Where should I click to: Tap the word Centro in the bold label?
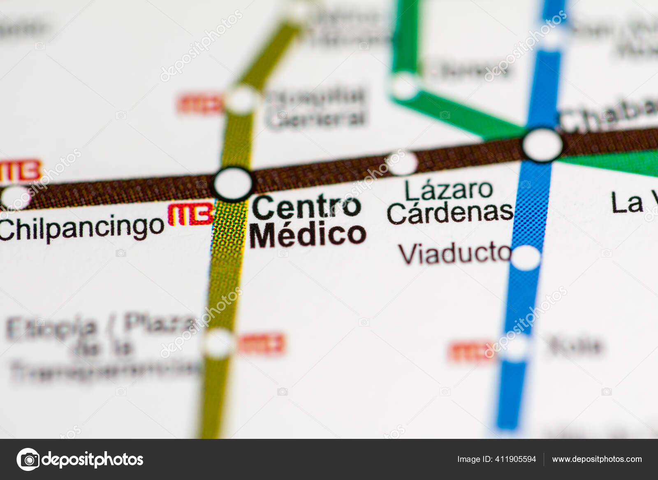tap(306, 207)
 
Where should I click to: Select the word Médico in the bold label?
tap(308, 234)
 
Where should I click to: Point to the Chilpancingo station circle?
tap(15, 197)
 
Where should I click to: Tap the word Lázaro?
tap(448, 190)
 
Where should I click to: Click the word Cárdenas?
tap(450, 213)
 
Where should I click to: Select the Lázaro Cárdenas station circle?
tap(402, 163)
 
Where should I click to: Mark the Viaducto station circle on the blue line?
tap(526, 257)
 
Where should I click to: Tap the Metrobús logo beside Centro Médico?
tap(191, 214)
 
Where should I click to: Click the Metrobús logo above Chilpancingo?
tap(21, 171)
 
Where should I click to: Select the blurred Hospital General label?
tap(315, 107)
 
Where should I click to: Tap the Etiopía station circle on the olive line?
tap(218, 343)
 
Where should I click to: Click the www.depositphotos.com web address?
tap(597, 459)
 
